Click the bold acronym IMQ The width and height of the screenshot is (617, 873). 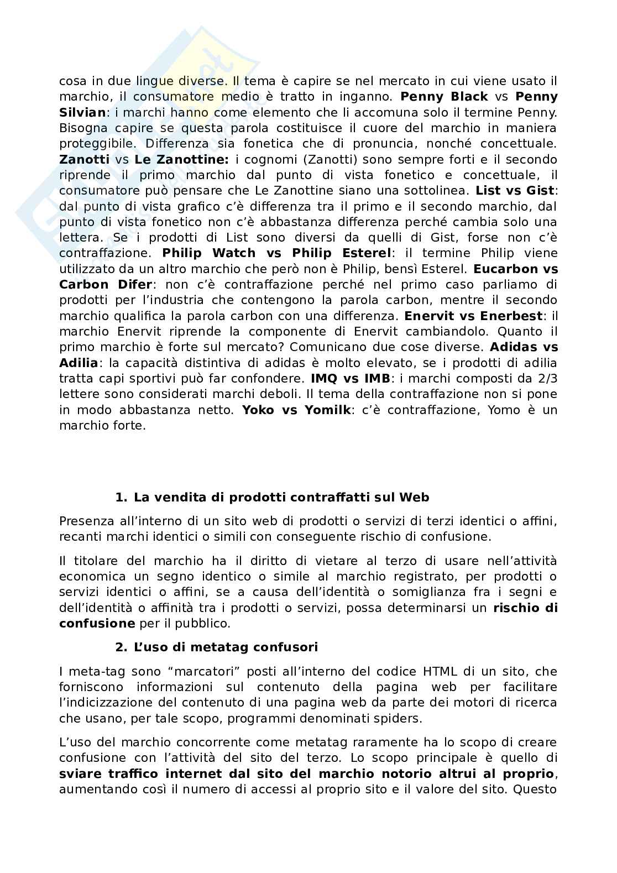point(324,379)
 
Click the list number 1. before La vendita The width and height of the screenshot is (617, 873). point(121,497)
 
